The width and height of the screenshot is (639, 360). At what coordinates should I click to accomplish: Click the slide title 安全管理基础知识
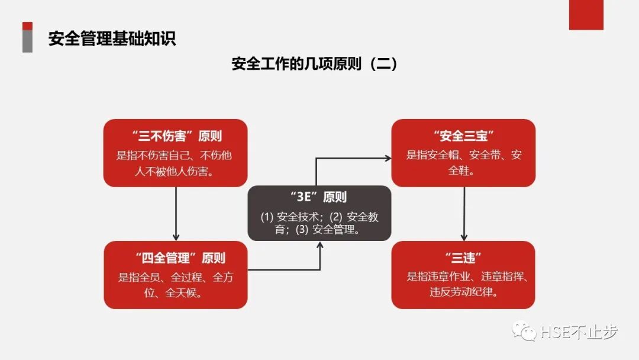(x=112, y=39)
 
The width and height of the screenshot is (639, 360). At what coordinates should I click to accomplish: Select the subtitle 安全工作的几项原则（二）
(x=314, y=64)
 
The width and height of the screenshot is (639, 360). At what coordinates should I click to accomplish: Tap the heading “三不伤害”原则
(x=175, y=136)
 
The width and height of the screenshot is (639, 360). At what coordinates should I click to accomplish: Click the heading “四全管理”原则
(x=176, y=258)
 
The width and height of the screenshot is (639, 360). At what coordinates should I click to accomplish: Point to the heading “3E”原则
(x=319, y=198)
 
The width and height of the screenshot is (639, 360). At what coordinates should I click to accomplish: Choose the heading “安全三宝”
(x=463, y=136)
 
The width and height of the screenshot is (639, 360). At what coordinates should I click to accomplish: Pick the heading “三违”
(x=463, y=258)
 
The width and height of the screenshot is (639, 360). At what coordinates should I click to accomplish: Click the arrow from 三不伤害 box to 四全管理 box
(x=176, y=213)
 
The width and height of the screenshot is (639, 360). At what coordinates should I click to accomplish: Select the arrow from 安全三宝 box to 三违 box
(x=464, y=213)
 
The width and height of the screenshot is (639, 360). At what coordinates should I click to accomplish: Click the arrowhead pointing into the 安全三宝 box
(x=388, y=158)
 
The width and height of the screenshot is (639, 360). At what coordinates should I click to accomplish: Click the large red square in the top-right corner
(x=586, y=15)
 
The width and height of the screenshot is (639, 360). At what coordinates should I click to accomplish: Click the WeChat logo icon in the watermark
(x=524, y=332)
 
